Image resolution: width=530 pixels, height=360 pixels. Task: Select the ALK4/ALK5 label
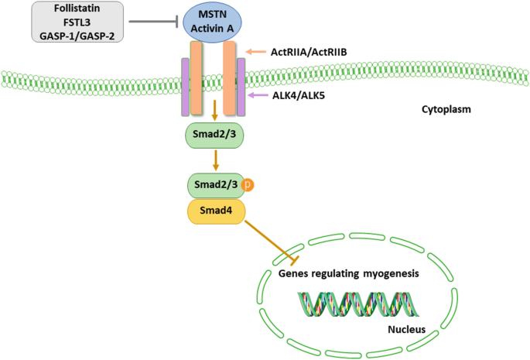296,95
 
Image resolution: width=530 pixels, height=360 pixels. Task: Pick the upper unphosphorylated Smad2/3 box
214,135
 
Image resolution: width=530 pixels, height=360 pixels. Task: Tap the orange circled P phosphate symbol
248,186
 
